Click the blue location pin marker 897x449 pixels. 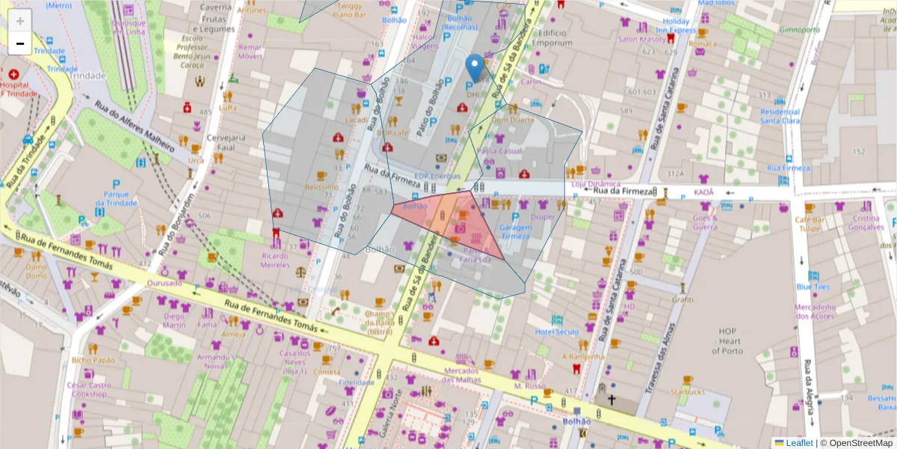(x=474, y=67)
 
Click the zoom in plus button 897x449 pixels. (x=20, y=21)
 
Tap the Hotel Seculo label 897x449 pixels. (x=557, y=332)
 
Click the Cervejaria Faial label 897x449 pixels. (x=226, y=142)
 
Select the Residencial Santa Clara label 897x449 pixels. (x=780, y=116)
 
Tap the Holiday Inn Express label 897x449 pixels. (x=675, y=26)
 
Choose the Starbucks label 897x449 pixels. (x=688, y=391)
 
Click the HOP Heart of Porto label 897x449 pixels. (x=726, y=341)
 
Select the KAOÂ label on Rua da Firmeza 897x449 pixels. (x=703, y=192)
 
